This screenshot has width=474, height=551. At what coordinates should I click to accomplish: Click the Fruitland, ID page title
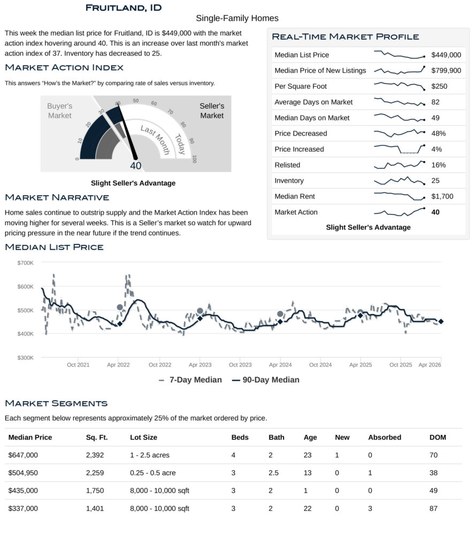[123, 8]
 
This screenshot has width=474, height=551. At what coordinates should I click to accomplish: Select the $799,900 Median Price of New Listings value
[446, 71]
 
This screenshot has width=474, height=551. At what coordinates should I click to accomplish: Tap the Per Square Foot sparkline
[399, 86]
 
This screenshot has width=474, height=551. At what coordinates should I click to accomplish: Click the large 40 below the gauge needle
[136, 166]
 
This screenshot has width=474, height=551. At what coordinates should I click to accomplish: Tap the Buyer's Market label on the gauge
[59, 111]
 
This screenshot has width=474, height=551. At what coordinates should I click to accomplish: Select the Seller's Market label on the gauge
[212, 111]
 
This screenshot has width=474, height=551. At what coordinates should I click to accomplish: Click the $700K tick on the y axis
[25, 263]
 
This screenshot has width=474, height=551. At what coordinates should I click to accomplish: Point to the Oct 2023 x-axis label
[240, 365]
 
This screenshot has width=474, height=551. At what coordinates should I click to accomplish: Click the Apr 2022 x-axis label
[119, 365]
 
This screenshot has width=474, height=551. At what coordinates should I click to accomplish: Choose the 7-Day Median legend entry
[190, 380]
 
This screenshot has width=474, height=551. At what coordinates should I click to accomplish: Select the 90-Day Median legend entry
[265, 380]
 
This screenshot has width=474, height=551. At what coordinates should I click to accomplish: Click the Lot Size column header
[143, 437]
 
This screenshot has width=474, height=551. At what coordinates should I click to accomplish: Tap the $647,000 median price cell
[23, 455]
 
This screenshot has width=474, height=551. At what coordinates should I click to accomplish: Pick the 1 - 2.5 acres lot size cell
[149, 455]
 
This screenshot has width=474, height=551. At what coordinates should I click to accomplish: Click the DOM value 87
[433, 509]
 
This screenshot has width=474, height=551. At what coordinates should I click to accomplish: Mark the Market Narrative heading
[57, 198]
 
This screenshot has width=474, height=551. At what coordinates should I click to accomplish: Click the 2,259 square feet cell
[95, 473]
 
